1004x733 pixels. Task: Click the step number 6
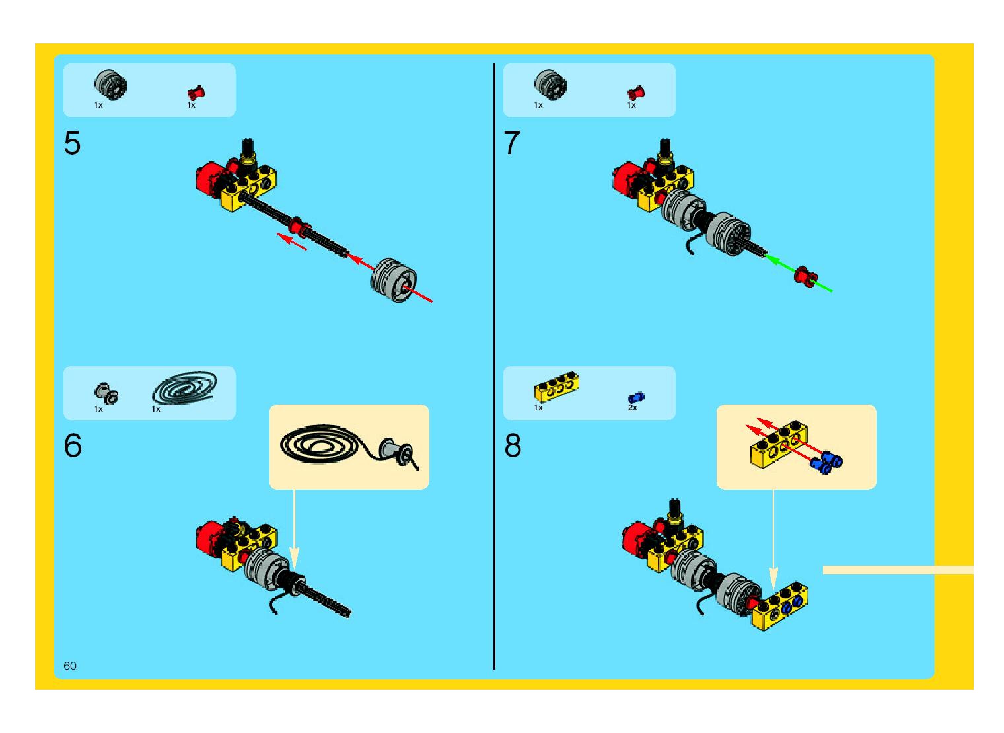tap(73, 445)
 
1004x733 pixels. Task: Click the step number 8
tap(513, 445)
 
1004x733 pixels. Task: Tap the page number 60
tap(70, 666)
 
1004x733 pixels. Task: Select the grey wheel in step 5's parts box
tap(110, 84)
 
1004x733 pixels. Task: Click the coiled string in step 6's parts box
tap(185, 387)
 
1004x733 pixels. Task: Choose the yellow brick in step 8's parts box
tap(556, 386)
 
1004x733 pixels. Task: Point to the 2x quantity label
tap(632, 408)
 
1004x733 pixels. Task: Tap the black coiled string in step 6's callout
tap(319, 444)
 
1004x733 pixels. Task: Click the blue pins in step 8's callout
tap(826, 462)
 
